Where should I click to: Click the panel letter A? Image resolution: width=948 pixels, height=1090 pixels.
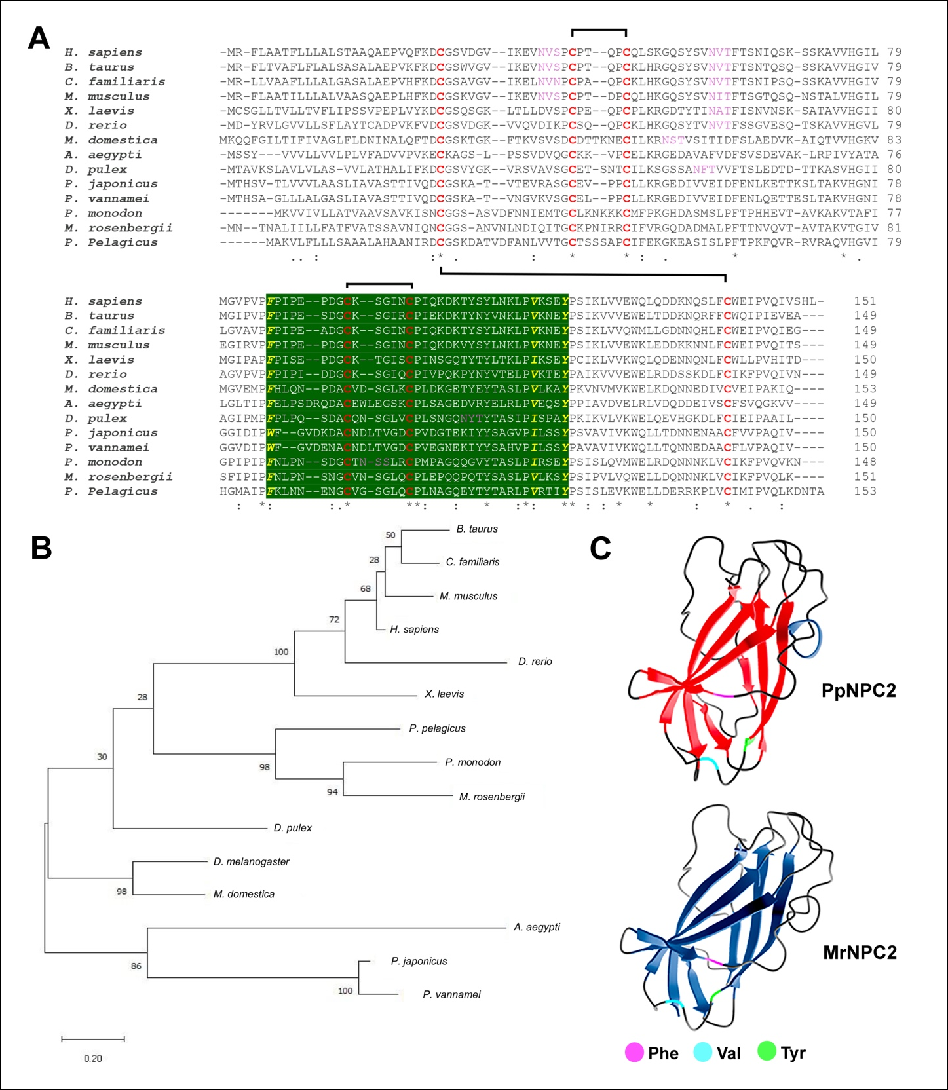point(39,39)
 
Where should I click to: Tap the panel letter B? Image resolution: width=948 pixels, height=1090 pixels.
point(41,548)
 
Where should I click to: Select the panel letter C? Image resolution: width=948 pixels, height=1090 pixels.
point(601,548)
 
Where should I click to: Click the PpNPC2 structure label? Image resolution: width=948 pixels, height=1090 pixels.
point(858,690)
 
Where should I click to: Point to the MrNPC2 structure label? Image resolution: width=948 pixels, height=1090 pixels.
point(860,952)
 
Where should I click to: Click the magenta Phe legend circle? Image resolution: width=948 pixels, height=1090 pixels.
point(634,1053)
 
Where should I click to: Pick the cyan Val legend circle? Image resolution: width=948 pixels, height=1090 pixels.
point(703,1053)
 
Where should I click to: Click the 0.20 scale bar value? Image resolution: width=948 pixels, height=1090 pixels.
point(92,1058)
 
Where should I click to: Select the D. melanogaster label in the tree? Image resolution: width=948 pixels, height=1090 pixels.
point(252,861)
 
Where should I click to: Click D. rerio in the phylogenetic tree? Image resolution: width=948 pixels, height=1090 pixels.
point(535,662)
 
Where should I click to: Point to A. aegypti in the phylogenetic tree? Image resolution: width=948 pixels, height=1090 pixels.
point(537,927)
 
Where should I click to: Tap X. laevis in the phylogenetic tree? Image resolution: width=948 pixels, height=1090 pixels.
point(444,694)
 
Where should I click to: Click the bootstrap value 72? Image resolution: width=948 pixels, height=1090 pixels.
point(334,619)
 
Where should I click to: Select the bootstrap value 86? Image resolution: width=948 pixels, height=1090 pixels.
point(136,966)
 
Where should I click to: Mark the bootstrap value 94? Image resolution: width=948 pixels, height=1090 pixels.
point(333,791)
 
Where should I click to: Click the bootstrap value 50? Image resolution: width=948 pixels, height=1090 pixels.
point(390,535)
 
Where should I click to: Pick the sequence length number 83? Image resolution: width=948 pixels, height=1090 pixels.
point(894,140)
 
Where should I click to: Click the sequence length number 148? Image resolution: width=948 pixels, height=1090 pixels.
point(865,462)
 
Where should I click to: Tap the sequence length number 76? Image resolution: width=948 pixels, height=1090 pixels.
point(894,155)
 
